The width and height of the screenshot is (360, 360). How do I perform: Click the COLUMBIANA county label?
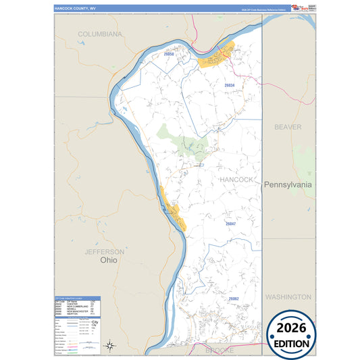click(x=99, y=34)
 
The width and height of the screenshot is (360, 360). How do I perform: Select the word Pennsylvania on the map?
click(x=288, y=184)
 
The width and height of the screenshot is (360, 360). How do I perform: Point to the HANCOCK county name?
click(x=236, y=180)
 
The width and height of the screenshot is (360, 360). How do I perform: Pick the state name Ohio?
click(x=108, y=259)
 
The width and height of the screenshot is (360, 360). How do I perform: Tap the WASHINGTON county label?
click(x=288, y=297)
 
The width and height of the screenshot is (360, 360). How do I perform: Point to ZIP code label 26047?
click(x=231, y=223)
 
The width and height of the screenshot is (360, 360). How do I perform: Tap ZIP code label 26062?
click(x=234, y=298)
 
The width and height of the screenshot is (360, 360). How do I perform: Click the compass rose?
click(x=109, y=346)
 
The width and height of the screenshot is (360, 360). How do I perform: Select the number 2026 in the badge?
click(x=291, y=328)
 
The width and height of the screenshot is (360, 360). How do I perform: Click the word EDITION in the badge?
click(x=291, y=343)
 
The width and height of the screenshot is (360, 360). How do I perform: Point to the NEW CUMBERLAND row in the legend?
click(x=74, y=306)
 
